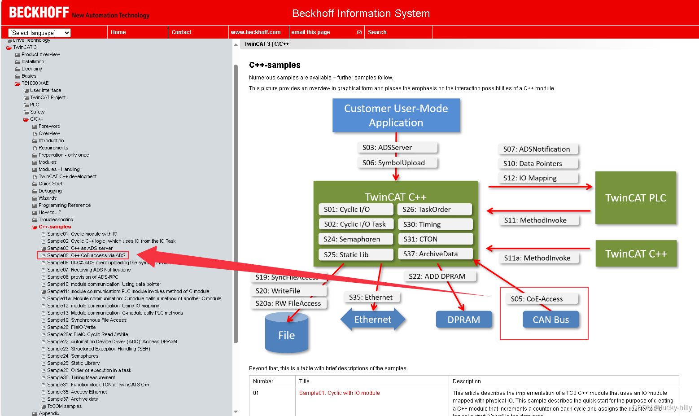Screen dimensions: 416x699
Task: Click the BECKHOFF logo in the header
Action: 39,13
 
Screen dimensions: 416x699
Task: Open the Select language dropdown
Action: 40,33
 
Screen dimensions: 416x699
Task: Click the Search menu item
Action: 377,32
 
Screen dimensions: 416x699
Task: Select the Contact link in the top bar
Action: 181,32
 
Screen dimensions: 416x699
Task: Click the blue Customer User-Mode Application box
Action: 396,115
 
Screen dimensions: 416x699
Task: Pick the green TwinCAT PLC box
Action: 635,198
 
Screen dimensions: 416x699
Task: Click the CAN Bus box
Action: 550,320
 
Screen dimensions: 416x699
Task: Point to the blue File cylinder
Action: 286,335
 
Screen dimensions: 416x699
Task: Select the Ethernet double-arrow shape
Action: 372,320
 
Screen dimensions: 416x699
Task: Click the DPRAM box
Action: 463,320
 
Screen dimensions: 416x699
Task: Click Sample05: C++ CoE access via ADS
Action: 86,255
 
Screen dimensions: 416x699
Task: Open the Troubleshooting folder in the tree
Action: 56,219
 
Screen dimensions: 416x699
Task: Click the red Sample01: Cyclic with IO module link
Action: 339,393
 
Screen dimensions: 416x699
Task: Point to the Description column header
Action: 467,381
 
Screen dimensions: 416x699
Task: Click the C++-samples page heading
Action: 275,65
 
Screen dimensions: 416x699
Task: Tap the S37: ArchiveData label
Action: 434,254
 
